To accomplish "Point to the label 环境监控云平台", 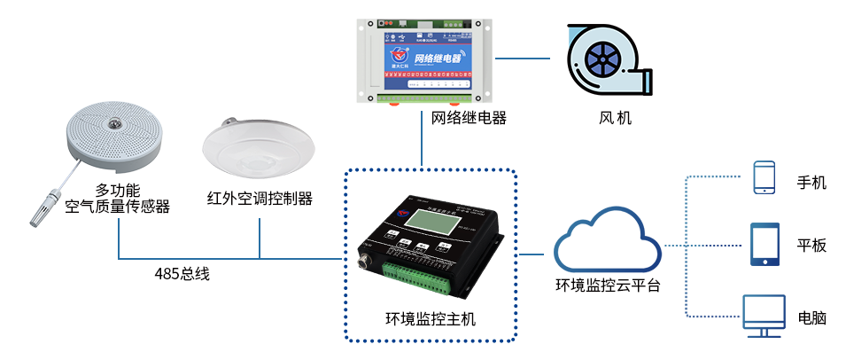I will pyautogui.click(x=607, y=286).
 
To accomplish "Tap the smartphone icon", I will pyautogui.click(x=764, y=177).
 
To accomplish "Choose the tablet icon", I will pyautogui.click(x=765, y=244).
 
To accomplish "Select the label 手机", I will pyautogui.click(x=811, y=183).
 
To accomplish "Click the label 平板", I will pyautogui.click(x=811, y=246).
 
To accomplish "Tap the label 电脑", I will pyautogui.click(x=811, y=317).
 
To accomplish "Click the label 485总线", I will pyautogui.click(x=182, y=274).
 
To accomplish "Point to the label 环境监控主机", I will pyautogui.click(x=430, y=319).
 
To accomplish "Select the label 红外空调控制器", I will pyautogui.click(x=260, y=198).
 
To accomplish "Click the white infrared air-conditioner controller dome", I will pyautogui.click(x=259, y=148).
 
